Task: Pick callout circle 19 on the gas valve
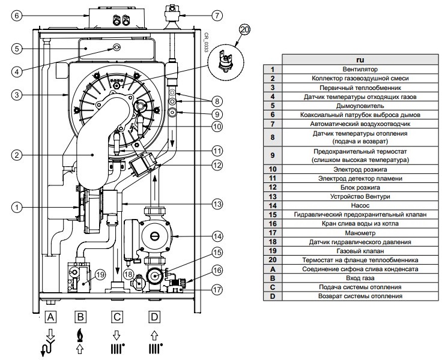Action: (100, 275)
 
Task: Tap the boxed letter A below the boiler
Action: (51, 316)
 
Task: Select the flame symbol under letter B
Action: (79, 335)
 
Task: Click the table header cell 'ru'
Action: (360, 60)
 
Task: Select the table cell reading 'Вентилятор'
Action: (360, 70)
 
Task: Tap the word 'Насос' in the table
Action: (360, 205)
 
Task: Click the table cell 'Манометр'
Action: (360, 232)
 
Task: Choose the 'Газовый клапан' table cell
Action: (360, 250)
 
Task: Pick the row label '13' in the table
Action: (272, 196)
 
